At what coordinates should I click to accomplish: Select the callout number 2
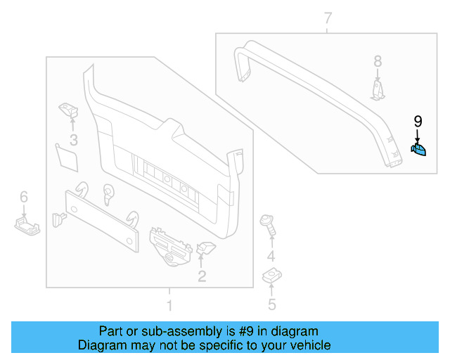202,276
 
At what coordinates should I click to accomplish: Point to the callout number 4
271,255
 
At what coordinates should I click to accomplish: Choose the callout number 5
271,304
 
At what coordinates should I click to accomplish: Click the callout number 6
23,197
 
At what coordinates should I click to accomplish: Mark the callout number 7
328,18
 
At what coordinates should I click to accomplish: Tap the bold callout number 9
418,122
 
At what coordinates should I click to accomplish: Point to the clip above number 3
69,109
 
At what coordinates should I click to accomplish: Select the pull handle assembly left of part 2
171,245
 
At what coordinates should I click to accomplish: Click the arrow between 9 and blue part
418,135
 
